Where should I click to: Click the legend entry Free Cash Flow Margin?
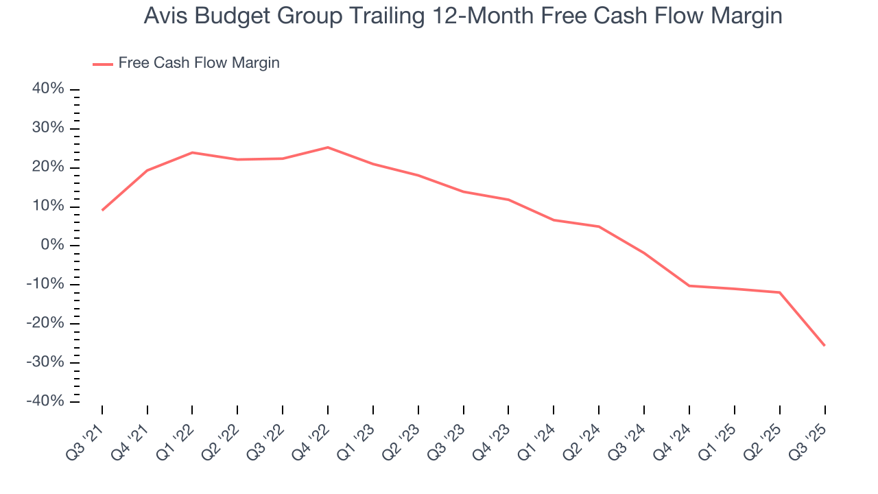(x=198, y=63)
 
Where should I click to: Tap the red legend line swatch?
(x=103, y=64)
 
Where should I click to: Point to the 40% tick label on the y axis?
(x=48, y=89)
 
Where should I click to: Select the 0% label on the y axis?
(x=53, y=246)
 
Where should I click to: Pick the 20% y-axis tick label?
(x=48, y=167)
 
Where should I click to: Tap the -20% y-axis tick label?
(x=45, y=323)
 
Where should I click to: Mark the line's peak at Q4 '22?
(x=328, y=148)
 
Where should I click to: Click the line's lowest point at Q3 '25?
(x=824, y=345)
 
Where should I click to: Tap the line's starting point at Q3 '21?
(x=102, y=210)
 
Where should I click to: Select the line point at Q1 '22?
(x=192, y=152)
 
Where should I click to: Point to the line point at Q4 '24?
(x=689, y=285)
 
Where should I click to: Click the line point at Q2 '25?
(x=779, y=292)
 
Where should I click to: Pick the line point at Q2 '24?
(x=599, y=226)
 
